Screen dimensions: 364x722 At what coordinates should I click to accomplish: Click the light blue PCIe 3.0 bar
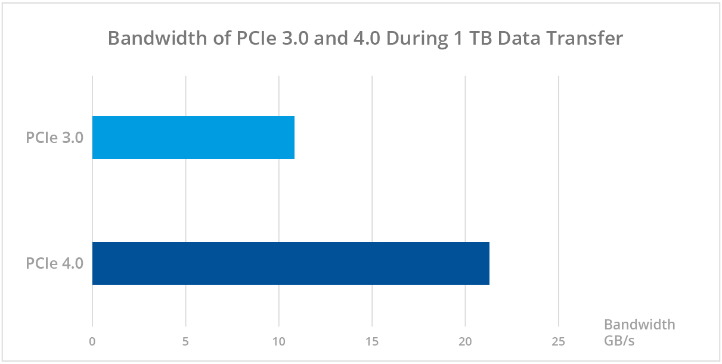tap(193, 138)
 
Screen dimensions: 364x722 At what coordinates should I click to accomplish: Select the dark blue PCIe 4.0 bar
tap(290, 263)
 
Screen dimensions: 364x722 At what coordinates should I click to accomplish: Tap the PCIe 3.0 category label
tap(54, 138)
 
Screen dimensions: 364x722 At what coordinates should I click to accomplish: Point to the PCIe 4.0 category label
tap(54, 263)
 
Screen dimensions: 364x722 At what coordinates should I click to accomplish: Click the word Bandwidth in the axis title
tap(640, 325)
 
